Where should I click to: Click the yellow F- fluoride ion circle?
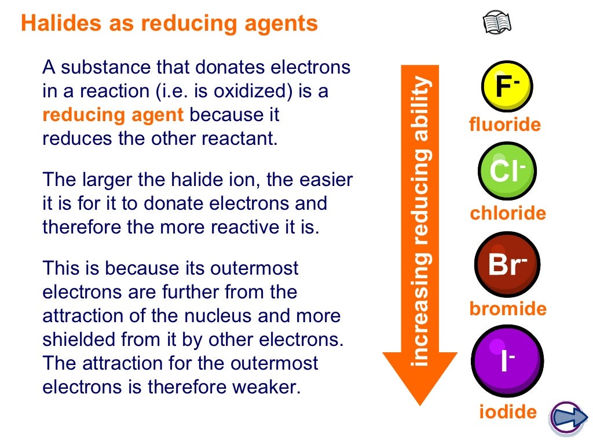507,86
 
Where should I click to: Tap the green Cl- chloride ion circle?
507,171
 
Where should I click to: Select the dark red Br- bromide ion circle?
507,264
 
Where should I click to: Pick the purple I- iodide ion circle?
507,360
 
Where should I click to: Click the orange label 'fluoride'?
505,125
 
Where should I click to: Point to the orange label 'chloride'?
508,214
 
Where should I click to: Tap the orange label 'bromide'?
508,309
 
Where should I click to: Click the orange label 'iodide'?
508,412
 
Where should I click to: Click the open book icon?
497,24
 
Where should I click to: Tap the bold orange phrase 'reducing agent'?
114,115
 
